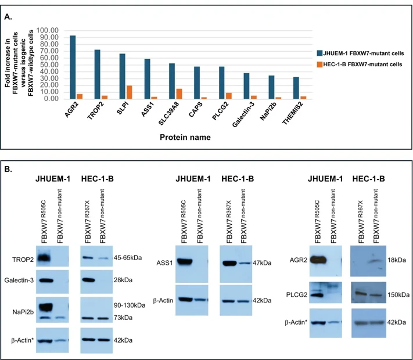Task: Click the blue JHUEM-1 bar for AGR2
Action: [x=72, y=67]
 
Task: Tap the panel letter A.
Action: [x=9, y=17]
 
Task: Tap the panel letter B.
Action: [x=9, y=169]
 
